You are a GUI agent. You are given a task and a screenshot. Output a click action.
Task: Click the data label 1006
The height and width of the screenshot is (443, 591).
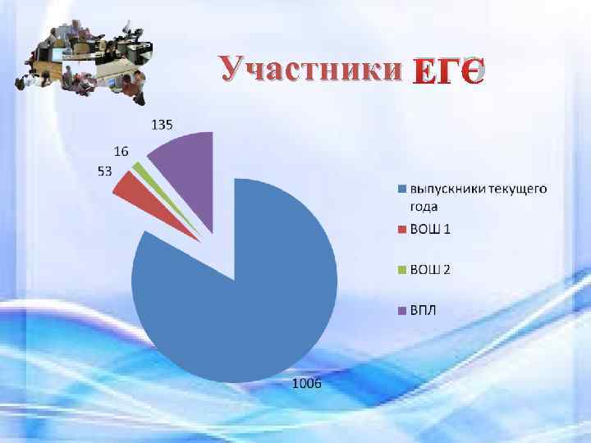tap(309, 384)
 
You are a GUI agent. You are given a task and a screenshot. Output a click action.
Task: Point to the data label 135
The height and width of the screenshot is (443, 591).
tap(161, 126)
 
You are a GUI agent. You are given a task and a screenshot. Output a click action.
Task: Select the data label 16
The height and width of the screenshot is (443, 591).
tap(121, 152)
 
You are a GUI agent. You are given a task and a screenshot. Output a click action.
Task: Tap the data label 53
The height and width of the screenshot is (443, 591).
tap(105, 171)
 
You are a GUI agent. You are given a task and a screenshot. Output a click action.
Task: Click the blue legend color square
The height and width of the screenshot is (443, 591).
tap(402, 190)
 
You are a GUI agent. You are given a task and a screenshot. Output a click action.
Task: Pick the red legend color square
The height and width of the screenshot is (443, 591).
tap(402, 228)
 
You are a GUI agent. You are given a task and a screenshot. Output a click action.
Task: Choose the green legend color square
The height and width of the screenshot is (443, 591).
tap(402, 269)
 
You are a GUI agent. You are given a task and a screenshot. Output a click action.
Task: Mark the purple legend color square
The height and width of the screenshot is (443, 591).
tap(402, 310)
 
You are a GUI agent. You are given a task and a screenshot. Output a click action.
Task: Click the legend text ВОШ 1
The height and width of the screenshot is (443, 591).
tap(430, 228)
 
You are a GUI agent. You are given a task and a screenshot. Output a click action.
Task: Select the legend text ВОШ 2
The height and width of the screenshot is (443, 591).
tap(430, 269)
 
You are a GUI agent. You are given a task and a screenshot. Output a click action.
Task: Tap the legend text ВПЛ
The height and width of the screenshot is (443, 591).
tap(426, 310)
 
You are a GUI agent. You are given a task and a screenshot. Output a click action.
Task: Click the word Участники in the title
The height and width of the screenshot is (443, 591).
tap(311, 69)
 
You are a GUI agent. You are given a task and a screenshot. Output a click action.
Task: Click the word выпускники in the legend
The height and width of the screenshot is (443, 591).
tap(450, 190)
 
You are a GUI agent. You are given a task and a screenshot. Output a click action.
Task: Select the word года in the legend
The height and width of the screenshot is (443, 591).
tap(424, 206)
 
